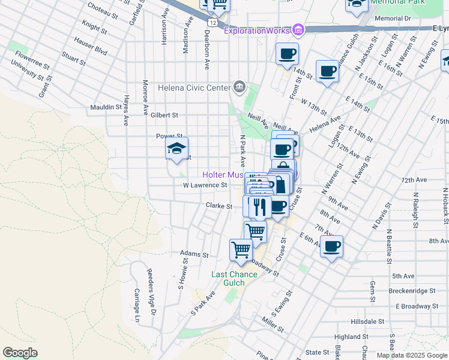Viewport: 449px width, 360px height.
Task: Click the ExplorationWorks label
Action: [257, 30]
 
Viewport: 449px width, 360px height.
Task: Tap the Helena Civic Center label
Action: [194, 88]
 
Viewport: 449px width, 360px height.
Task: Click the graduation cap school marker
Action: [176, 149]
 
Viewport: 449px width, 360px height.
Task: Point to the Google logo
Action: [20, 353]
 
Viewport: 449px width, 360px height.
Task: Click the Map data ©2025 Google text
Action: [412, 355]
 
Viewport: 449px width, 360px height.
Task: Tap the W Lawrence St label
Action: [205, 185]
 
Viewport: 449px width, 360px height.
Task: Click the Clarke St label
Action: [218, 206]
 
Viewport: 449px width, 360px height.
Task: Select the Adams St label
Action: [194, 254]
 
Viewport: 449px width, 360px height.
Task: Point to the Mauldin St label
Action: [106, 107]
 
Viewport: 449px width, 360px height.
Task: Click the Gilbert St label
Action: [164, 115]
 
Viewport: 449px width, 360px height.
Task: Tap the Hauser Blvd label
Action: [91, 47]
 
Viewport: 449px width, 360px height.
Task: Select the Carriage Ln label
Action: [137, 302]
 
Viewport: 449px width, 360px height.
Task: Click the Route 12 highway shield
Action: [212, 22]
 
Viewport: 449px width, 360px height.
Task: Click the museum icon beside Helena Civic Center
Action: [240, 88]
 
